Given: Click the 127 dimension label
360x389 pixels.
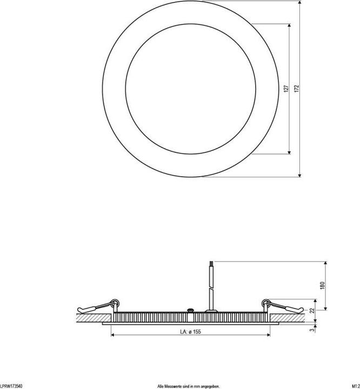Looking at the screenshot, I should coord(285,89).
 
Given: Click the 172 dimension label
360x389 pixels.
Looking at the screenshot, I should coord(296,89).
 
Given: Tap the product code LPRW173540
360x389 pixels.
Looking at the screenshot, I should coord(11,386).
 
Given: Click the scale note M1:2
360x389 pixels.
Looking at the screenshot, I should coord(355,386).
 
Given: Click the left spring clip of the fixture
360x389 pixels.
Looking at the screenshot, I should coord(97,306).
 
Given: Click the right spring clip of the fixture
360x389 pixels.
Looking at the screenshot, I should coord(281,306).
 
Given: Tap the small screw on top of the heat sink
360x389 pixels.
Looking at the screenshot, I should coord(190,310).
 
